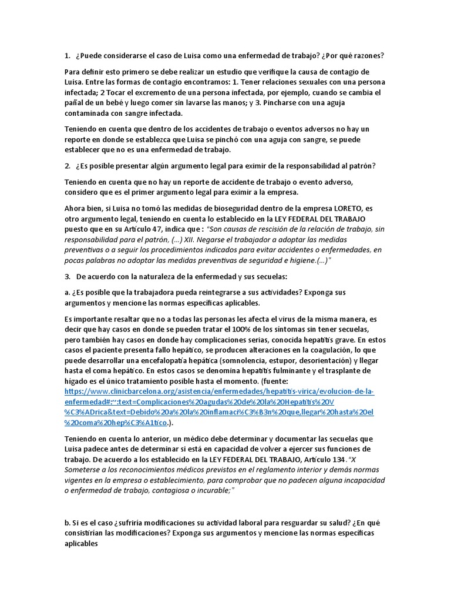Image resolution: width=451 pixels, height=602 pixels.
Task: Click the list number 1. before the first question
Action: pos(67,56)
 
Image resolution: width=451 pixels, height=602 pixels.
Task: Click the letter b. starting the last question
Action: pos(68,523)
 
